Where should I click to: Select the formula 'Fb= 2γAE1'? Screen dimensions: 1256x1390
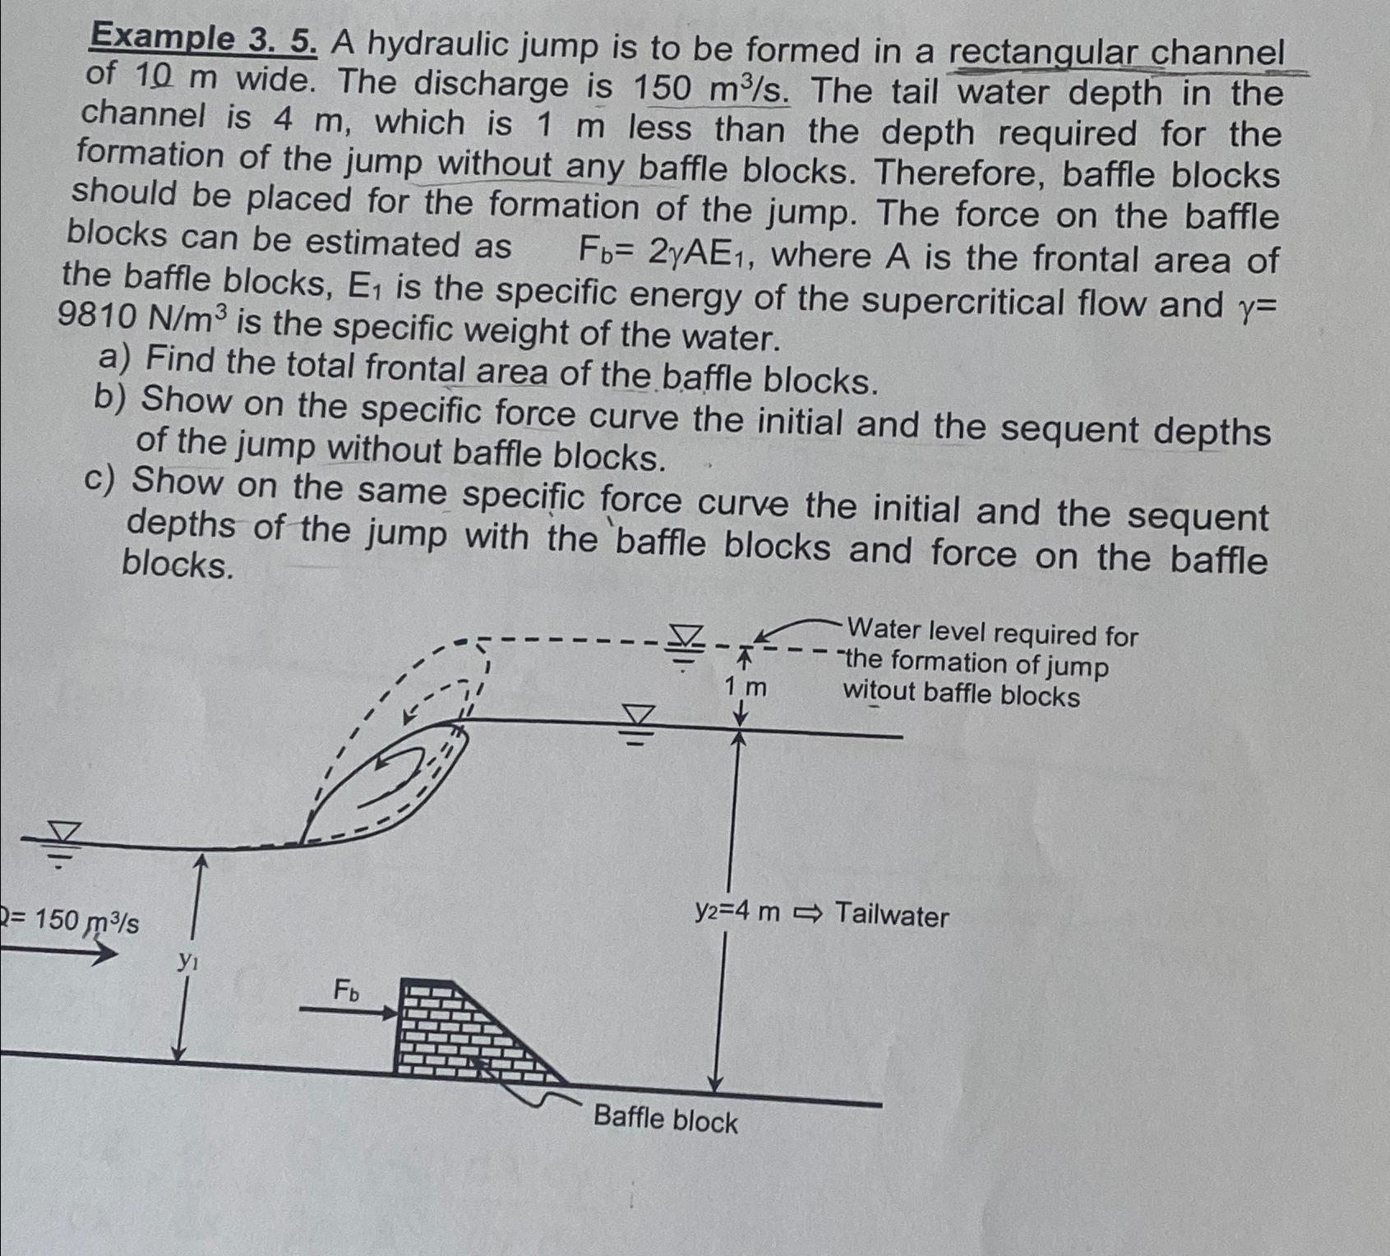pyautogui.click(x=661, y=252)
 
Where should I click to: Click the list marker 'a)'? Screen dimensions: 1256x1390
pyautogui.click(x=115, y=358)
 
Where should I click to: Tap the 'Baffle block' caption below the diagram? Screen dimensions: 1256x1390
pyautogui.click(x=665, y=1120)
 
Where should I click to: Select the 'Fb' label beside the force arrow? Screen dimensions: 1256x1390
pyautogui.click(x=346, y=991)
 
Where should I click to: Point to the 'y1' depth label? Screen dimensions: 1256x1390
pyautogui.click(x=188, y=960)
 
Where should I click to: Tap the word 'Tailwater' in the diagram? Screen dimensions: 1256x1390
pyautogui.click(x=892, y=915)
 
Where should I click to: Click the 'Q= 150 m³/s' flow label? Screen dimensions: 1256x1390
pyautogui.click(x=70, y=920)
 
